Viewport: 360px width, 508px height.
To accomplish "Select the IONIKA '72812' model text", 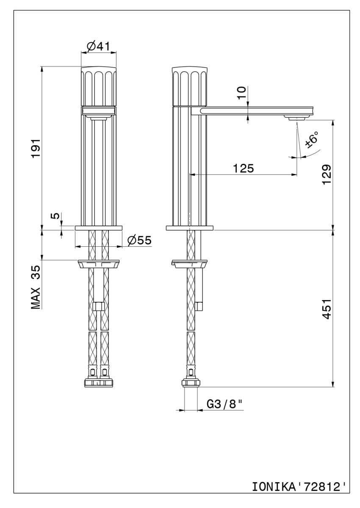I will click(299, 485).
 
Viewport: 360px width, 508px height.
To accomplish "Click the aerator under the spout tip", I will click(298, 118).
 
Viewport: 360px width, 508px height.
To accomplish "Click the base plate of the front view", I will click(98, 228).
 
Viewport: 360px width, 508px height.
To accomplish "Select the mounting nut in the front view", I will click(98, 264).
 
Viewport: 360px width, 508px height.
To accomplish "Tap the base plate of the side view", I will click(189, 228).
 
